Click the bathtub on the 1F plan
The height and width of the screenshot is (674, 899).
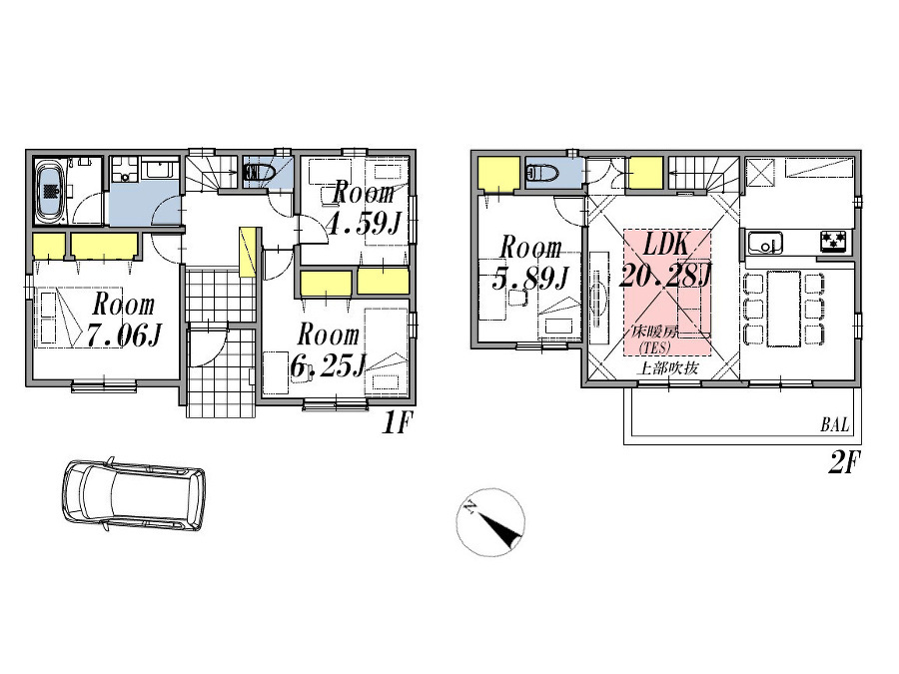pos(51,191)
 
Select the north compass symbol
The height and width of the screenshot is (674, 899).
pos(490,524)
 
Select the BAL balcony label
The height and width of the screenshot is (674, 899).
pos(835,425)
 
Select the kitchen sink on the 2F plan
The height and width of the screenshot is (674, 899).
pos(764,242)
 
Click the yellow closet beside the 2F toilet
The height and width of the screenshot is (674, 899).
pos(496,174)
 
